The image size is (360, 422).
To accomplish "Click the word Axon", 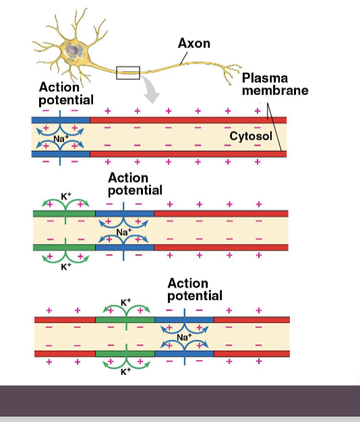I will [193, 43].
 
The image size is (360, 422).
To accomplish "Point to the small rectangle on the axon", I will [128, 72].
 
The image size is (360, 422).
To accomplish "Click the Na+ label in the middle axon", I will [123, 232].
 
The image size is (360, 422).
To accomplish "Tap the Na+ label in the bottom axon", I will [184, 336].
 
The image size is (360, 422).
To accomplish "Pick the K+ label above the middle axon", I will [65, 196].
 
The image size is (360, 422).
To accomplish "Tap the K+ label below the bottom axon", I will [125, 371].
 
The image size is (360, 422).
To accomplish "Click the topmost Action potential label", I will [66, 94].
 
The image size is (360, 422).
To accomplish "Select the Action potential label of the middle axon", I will [135, 184].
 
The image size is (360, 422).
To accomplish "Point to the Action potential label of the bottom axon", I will [194, 289].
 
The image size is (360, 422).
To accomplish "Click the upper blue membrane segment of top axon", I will [61, 119].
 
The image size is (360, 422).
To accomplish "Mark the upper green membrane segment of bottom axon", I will [125, 318].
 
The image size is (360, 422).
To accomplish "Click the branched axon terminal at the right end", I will [233, 71].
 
